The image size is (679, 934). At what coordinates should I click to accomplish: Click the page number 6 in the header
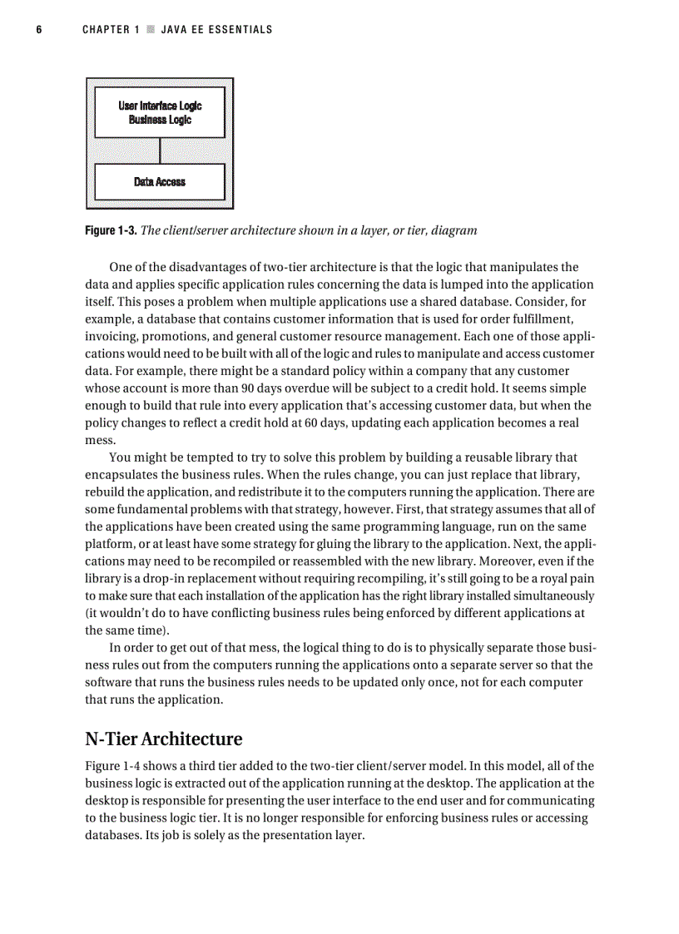[39, 30]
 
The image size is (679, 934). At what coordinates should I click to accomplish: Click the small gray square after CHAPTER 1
[151, 30]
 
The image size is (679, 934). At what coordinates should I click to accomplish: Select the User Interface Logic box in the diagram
[160, 112]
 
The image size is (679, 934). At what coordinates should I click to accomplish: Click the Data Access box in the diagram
[160, 181]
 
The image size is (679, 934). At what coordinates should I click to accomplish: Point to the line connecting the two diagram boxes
[160, 151]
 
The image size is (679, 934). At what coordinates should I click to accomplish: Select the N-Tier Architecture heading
[164, 739]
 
